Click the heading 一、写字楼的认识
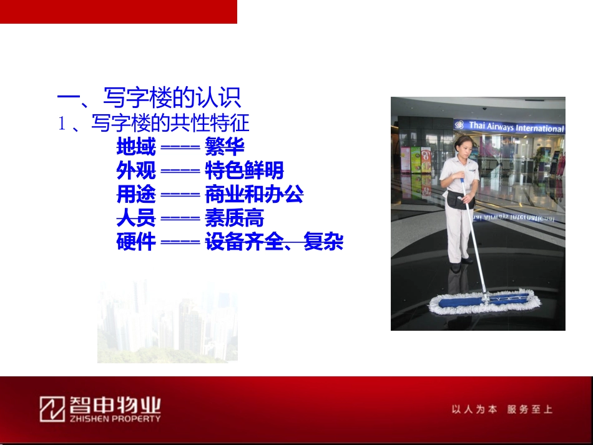[149, 98]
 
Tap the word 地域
[135, 147]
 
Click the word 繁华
[224, 147]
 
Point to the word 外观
[135, 170]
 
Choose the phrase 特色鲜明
[244, 170]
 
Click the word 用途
[135, 194]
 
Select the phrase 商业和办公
[254, 194]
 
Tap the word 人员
[135, 218]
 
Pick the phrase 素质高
[234, 218]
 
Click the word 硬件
[135, 242]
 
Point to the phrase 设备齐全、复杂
[274, 242]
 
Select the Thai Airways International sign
[509, 127]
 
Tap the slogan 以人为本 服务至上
[502, 409]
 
